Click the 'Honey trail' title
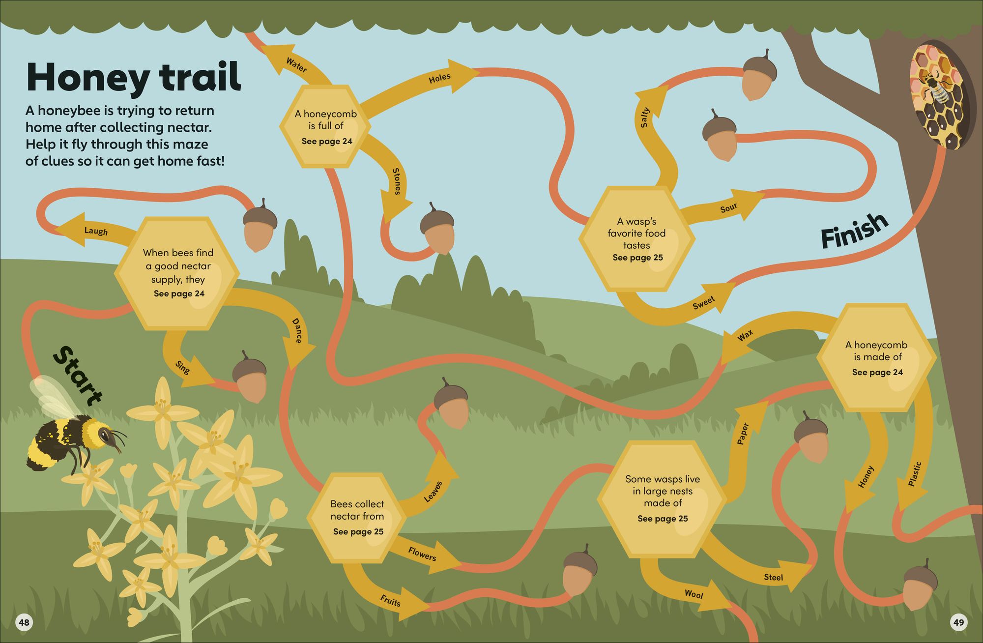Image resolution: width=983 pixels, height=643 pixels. tap(134, 77)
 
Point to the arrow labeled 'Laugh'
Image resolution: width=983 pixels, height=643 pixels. tap(96, 231)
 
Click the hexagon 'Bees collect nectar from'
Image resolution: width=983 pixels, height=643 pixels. tap(357, 518)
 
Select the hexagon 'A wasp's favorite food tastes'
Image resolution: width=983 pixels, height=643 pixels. tap(637, 239)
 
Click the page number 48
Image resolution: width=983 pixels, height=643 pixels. tap(24, 622)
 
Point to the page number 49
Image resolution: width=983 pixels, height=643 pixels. tap(959, 622)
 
